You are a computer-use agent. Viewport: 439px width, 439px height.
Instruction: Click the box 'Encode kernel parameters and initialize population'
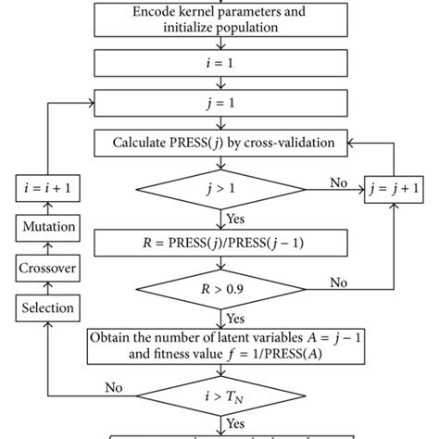(x=219, y=20)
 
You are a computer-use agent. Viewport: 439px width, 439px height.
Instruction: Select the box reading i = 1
(x=219, y=63)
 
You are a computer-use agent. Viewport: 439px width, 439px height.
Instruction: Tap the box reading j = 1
(x=219, y=104)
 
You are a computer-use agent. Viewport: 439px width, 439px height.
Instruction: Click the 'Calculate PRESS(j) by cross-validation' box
(x=219, y=144)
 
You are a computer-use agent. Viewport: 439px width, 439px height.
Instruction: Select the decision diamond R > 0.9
(x=219, y=290)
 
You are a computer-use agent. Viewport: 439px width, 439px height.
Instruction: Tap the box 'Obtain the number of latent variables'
(x=219, y=345)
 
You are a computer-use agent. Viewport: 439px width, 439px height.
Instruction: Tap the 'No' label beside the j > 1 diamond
(x=339, y=182)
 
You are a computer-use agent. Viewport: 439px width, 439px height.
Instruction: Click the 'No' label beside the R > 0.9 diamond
(x=339, y=281)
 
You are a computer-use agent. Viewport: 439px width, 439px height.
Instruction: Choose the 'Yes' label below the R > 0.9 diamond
(x=236, y=317)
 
